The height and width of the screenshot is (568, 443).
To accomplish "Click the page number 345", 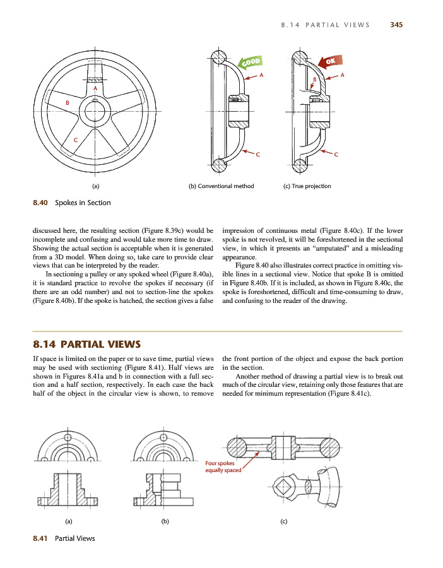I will click(396, 25).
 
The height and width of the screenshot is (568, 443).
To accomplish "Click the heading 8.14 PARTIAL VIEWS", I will click(86, 344).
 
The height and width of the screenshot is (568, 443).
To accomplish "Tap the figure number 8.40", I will click(40, 203).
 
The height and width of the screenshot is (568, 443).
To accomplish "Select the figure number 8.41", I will click(40, 538).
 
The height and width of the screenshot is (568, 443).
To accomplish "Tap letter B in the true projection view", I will click(315, 79).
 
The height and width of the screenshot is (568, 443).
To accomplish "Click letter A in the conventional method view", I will click(262, 76).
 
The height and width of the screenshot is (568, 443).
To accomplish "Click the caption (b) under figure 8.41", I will click(164, 521).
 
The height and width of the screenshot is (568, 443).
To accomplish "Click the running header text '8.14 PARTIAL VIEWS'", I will click(325, 25).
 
